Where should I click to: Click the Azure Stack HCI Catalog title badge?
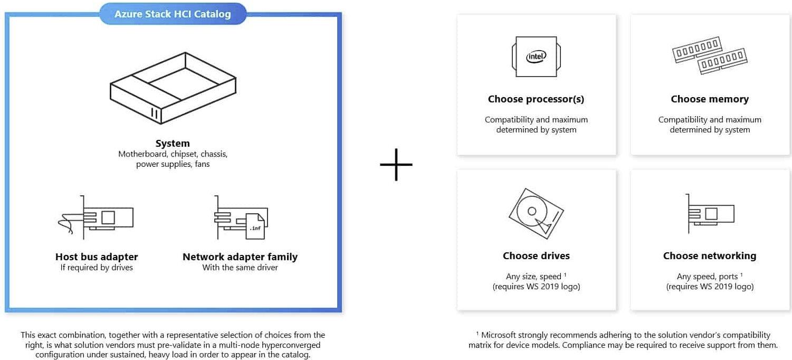coord(173,14)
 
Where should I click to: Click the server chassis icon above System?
coord(173,87)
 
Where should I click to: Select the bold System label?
coord(173,143)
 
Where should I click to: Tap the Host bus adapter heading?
coord(97,257)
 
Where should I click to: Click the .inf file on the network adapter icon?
coord(254,225)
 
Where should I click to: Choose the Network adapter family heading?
coord(240,257)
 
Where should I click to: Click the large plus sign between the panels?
coord(396,164)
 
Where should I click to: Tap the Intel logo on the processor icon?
coord(536,56)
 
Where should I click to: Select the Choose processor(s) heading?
coord(536,99)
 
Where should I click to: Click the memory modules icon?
coord(710,55)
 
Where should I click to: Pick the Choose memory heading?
coord(710,99)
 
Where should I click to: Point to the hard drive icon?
coord(536,214)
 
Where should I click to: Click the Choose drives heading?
coord(536,256)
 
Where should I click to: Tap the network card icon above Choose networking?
coord(710,214)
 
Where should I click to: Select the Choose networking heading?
coord(710,256)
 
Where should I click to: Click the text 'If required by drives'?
coord(97,268)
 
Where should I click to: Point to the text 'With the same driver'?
coord(240,268)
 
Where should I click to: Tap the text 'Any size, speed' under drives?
coord(533,277)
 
